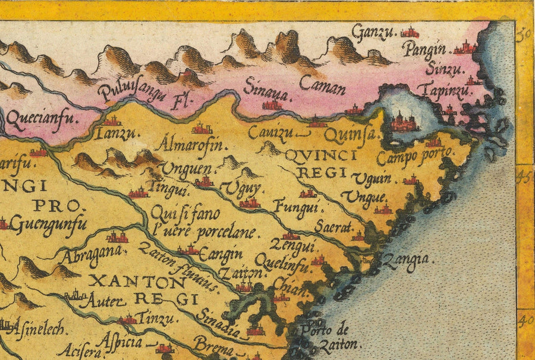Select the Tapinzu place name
443,91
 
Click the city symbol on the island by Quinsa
404,122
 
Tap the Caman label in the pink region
322,87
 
